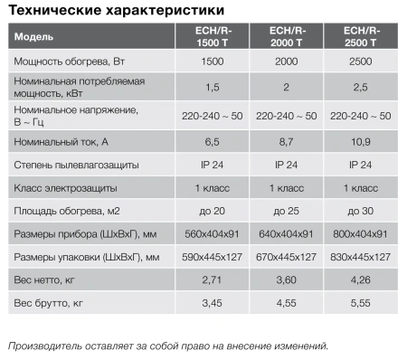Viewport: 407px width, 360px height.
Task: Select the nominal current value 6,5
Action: [210, 142]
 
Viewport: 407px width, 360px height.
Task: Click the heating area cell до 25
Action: [287, 211]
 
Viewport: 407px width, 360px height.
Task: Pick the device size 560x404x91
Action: [210, 234]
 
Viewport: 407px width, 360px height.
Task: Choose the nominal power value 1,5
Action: [210, 87]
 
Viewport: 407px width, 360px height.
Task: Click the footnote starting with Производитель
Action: [167, 346]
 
